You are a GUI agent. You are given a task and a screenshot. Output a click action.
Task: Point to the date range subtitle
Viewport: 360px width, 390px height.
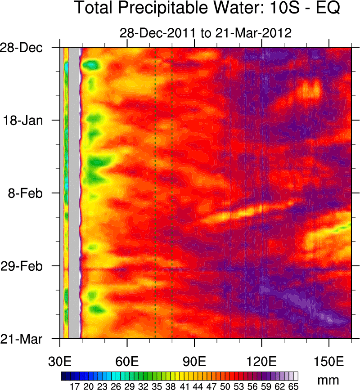coord(206,33)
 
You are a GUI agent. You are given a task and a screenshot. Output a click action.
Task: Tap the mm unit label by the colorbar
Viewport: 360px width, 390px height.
coord(328,380)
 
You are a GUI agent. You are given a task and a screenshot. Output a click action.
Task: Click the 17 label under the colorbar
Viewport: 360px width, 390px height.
coord(75,386)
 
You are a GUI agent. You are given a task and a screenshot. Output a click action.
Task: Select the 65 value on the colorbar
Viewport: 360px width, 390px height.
coord(293,386)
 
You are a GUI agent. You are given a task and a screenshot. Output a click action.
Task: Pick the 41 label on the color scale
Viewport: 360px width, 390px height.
coord(184,386)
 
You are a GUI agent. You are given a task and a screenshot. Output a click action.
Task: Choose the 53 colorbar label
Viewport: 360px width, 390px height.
coord(239,386)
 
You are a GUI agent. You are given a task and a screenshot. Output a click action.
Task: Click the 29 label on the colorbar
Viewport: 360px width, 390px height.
coord(129,386)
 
